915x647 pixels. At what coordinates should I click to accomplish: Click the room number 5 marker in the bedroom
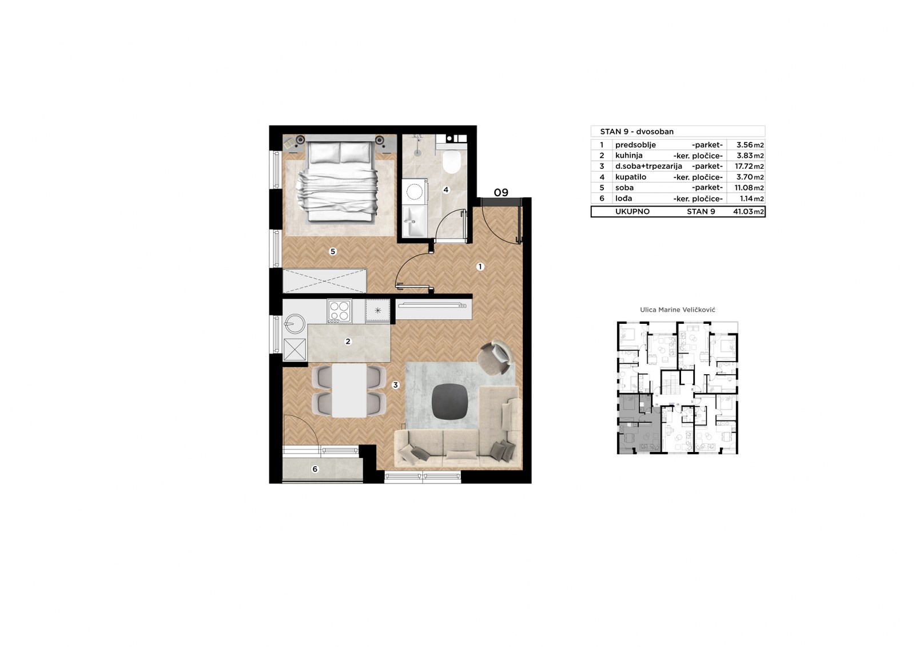[333, 251]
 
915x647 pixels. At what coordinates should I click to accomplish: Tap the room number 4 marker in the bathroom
[446, 190]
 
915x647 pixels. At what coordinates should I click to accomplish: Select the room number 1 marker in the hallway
[480, 267]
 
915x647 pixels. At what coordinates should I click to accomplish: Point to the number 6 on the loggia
[315, 469]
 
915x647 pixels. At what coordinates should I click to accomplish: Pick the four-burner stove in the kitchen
[340, 311]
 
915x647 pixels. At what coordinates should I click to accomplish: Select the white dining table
[349, 390]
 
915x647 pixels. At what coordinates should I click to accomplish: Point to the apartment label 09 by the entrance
[501, 193]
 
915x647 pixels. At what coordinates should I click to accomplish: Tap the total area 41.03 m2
[749, 212]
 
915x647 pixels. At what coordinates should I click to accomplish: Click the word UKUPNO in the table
[632, 212]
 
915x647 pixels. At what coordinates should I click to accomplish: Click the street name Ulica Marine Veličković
[678, 310]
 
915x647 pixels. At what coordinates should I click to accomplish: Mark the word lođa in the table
[624, 199]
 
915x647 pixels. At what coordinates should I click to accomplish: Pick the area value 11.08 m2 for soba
[749, 188]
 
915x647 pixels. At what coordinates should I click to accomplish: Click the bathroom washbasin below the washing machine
[415, 221]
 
